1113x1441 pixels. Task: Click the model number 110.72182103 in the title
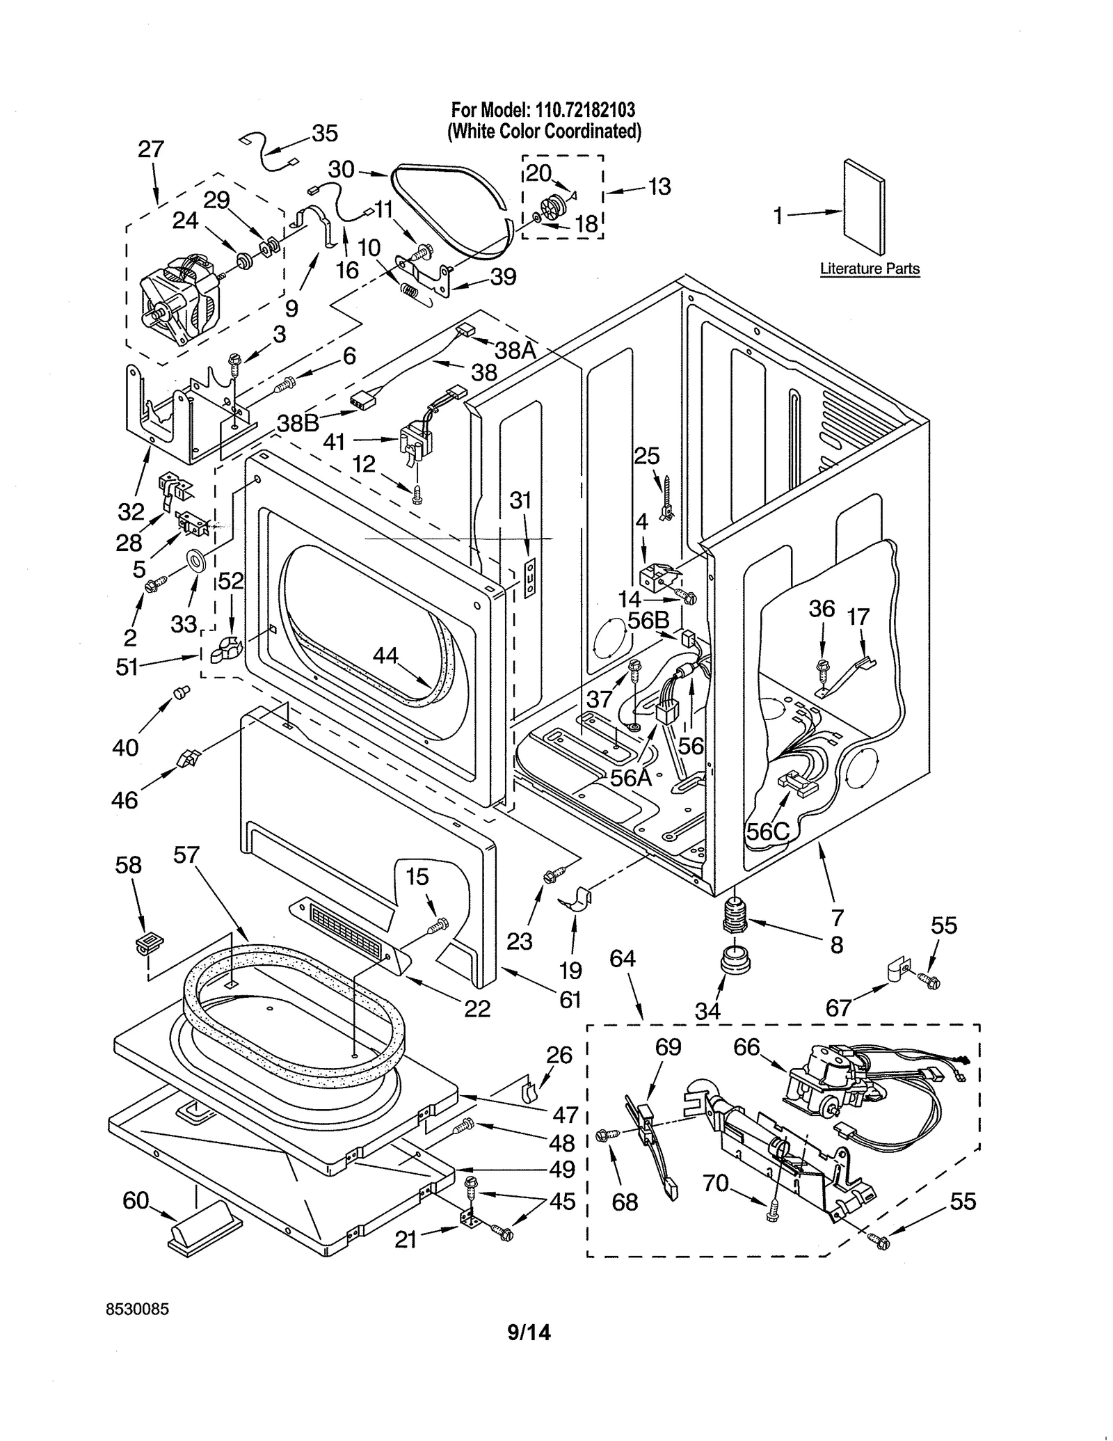tap(584, 110)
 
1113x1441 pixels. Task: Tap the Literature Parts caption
tap(869, 269)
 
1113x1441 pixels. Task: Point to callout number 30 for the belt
tap(341, 169)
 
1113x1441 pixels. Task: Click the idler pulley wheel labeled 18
tap(551, 207)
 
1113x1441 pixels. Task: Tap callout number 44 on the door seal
tap(385, 655)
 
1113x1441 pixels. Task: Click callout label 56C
tap(768, 831)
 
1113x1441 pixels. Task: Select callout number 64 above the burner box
tap(622, 958)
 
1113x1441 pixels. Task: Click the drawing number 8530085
tap(137, 1309)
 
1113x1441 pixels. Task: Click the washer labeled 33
tap(197, 559)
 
